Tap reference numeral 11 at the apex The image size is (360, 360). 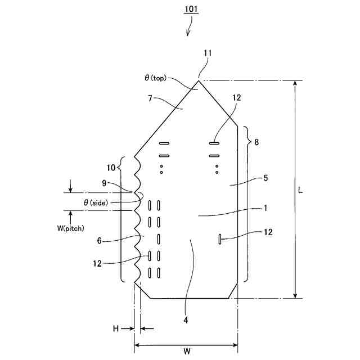pos(208,53)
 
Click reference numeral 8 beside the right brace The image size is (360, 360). pos(256,142)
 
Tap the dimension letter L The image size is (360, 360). pos(301,190)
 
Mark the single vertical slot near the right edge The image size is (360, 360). pos(218,240)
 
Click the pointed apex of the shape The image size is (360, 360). pos(199,80)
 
